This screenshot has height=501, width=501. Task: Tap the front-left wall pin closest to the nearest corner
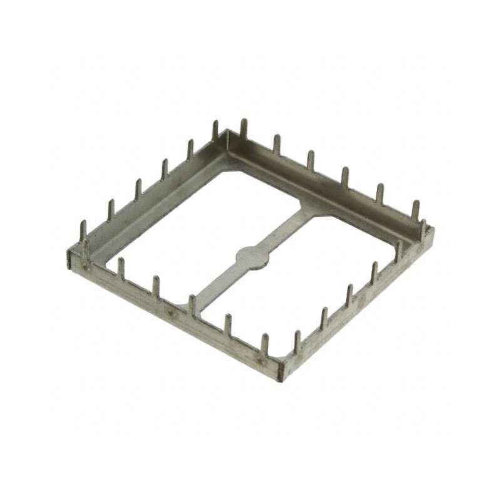tap(264, 344)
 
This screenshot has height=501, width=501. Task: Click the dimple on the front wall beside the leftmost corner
tap(87, 268)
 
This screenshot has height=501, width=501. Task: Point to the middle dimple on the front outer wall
tap(172, 311)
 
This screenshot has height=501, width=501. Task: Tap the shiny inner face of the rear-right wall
tap(326, 175)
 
